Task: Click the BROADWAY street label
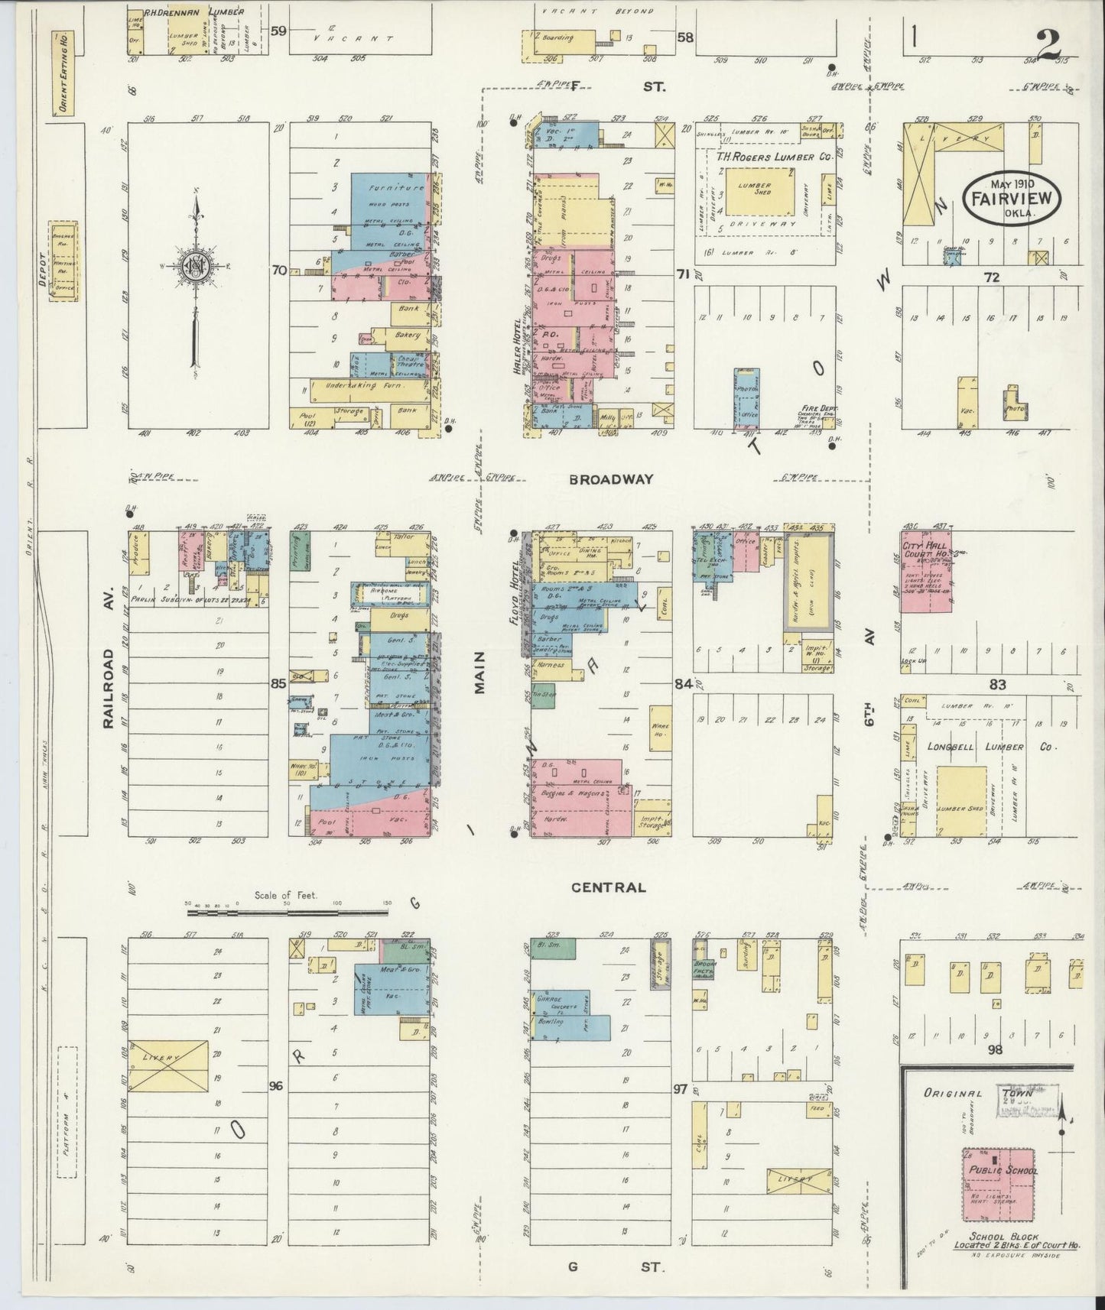click(x=611, y=479)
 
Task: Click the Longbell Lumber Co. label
click(x=991, y=747)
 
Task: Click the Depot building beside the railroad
click(x=63, y=261)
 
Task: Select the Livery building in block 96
click(x=168, y=1057)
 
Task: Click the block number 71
click(x=683, y=273)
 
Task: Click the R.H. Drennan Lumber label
click(x=193, y=13)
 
